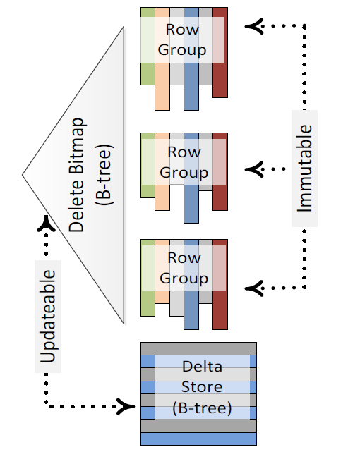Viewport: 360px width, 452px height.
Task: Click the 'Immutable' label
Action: [x=305, y=169]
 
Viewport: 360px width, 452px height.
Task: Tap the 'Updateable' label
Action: [x=48, y=316]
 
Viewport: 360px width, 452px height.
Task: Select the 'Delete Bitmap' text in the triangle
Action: [x=76, y=175]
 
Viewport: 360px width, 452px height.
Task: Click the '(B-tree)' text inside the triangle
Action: [x=104, y=175]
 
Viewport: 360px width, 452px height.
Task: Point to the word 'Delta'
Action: [x=202, y=367]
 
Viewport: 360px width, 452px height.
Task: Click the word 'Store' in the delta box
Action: [x=202, y=387]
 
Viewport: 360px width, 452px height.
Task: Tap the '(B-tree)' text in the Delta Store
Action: [x=202, y=408]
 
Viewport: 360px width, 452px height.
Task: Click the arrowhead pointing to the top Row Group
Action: [x=254, y=26]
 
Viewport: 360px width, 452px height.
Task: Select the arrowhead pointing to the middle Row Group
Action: [x=254, y=169]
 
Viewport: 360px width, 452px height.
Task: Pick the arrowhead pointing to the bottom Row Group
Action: [x=254, y=288]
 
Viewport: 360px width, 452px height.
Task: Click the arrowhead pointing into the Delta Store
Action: [x=126, y=406]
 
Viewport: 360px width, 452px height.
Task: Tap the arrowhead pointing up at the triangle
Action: [x=46, y=224]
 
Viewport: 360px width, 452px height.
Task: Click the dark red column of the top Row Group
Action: [x=220, y=52]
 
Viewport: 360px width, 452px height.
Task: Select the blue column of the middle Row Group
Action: [x=191, y=178]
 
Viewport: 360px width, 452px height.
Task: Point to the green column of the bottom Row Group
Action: [x=148, y=278]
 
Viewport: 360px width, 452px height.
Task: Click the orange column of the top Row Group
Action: [x=162, y=59]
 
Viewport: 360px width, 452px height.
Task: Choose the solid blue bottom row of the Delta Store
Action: [x=198, y=439]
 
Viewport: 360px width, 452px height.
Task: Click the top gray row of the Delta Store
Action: [x=198, y=349]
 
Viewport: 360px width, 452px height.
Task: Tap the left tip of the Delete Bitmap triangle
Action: [x=23, y=175]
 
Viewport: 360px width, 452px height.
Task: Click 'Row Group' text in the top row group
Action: [x=182, y=39]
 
